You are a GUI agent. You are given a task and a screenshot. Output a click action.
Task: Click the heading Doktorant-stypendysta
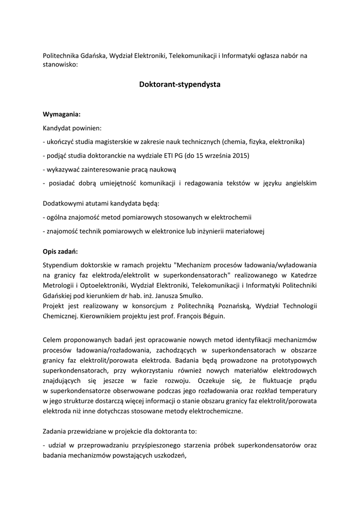180,85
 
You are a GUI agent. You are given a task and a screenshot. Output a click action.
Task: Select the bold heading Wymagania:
62,114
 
